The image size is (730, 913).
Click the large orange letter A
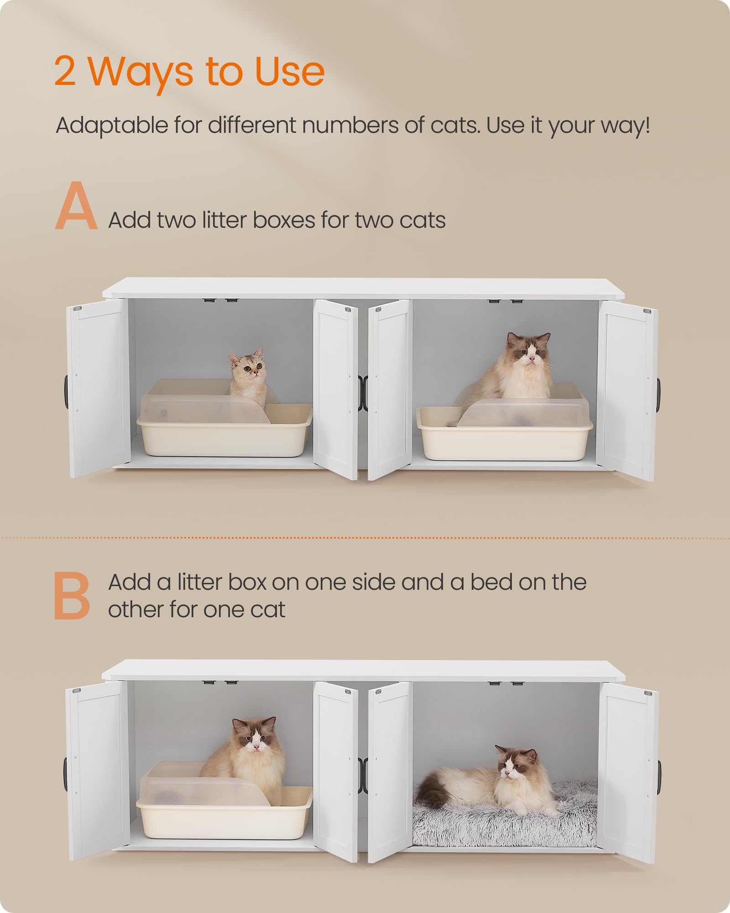76,206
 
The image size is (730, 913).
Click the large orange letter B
72,596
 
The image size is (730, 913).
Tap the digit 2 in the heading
65,72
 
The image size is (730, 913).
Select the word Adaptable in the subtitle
112,125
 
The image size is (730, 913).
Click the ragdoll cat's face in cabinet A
530,351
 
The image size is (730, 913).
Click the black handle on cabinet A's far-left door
67,392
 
